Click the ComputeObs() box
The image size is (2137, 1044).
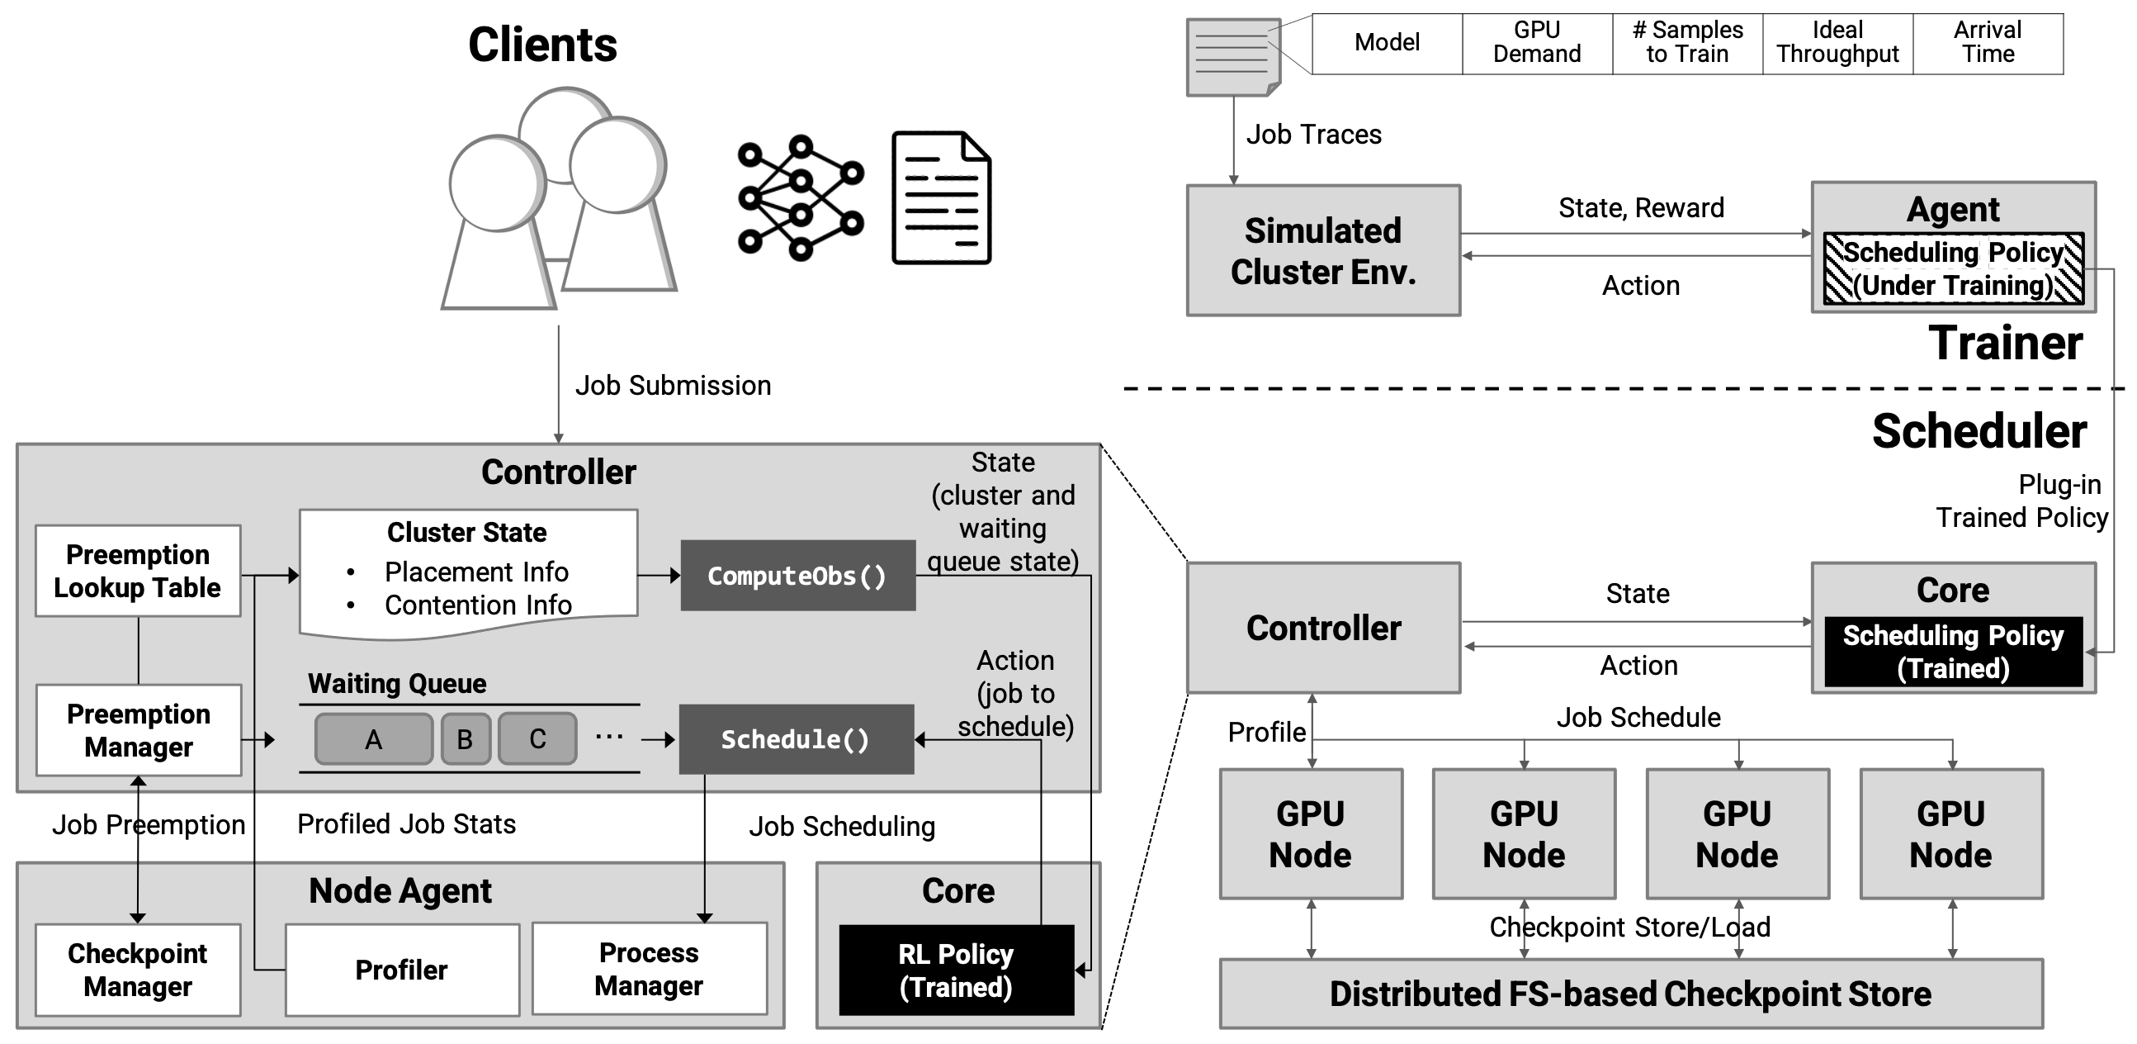[x=797, y=576]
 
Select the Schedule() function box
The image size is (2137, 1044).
[x=796, y=739]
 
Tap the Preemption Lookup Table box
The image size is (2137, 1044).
[x=138, y=571]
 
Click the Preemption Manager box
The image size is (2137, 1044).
[x=139, y=730]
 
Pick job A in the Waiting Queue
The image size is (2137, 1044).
[x=373, y=738]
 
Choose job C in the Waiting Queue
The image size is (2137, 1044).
[x=537, y=738]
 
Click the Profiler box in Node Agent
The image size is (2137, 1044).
[x=401, y=970]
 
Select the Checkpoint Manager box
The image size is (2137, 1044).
[x=138, y=970]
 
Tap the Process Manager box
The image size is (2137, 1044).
[x=649, y=969]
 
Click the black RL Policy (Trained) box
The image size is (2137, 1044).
[x=956, y=970]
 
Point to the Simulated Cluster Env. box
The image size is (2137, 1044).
[x=1323, y=250]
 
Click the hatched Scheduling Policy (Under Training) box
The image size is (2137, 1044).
[x=1953, y=269]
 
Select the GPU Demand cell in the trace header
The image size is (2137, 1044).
[x=1536, y=42]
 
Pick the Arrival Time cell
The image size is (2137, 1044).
[x=1988, y=42]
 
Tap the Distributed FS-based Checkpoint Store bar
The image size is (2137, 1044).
[x=1630, y=994]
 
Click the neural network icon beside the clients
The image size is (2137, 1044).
[x=801, y=197]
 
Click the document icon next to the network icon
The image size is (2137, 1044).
[x=941, y=197]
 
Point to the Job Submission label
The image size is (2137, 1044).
[x=673, y=386]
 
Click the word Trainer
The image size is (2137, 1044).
[x=2005, y=343]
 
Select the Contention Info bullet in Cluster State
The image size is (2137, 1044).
[x=478, y=605]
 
